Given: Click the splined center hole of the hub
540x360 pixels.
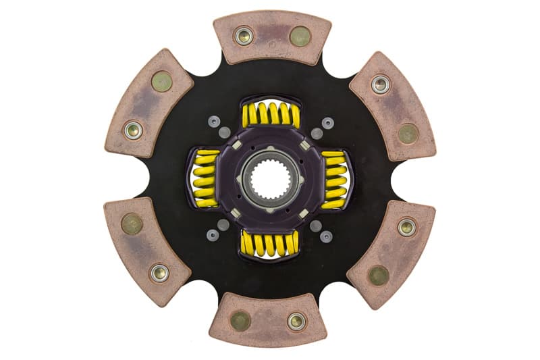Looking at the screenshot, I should tap(269, 181).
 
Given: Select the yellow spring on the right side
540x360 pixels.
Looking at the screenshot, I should tap(334, 179).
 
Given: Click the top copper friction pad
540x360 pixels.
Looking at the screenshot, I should tap(271, 36).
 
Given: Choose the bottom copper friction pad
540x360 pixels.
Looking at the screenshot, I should tap(268, 321).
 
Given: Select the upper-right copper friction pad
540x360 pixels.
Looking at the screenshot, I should tap(392, 104).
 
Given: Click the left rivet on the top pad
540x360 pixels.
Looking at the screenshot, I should tap(243, 36).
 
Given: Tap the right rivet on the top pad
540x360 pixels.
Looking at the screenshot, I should tap(300, 36).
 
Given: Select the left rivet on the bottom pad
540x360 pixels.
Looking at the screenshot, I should tap(240, 321).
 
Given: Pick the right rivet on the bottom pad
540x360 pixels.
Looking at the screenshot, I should tap(296, 321).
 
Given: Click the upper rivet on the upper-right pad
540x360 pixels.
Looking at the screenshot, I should tap(380, 84).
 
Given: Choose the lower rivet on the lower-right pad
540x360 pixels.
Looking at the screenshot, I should tap(378, 275).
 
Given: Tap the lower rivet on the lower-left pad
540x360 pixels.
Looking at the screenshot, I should tap(159, 273).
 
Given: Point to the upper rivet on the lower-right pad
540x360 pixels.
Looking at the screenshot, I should tap(406, 227).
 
